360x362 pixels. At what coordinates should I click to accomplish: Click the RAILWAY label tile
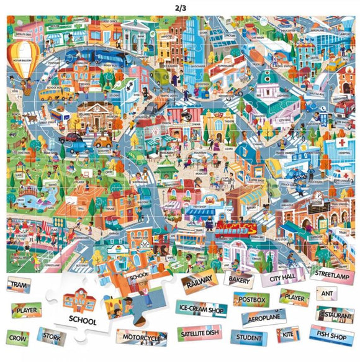(199, 280)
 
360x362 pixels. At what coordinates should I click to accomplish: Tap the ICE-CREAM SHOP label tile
(200, 308)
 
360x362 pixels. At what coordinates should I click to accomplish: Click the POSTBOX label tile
(252, 300)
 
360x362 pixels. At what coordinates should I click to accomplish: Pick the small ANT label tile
(327, 292)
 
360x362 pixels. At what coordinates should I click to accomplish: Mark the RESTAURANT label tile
(335, 314)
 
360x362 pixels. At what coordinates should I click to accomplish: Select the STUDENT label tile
(249, 338)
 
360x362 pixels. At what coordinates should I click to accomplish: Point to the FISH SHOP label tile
(331, 334)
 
